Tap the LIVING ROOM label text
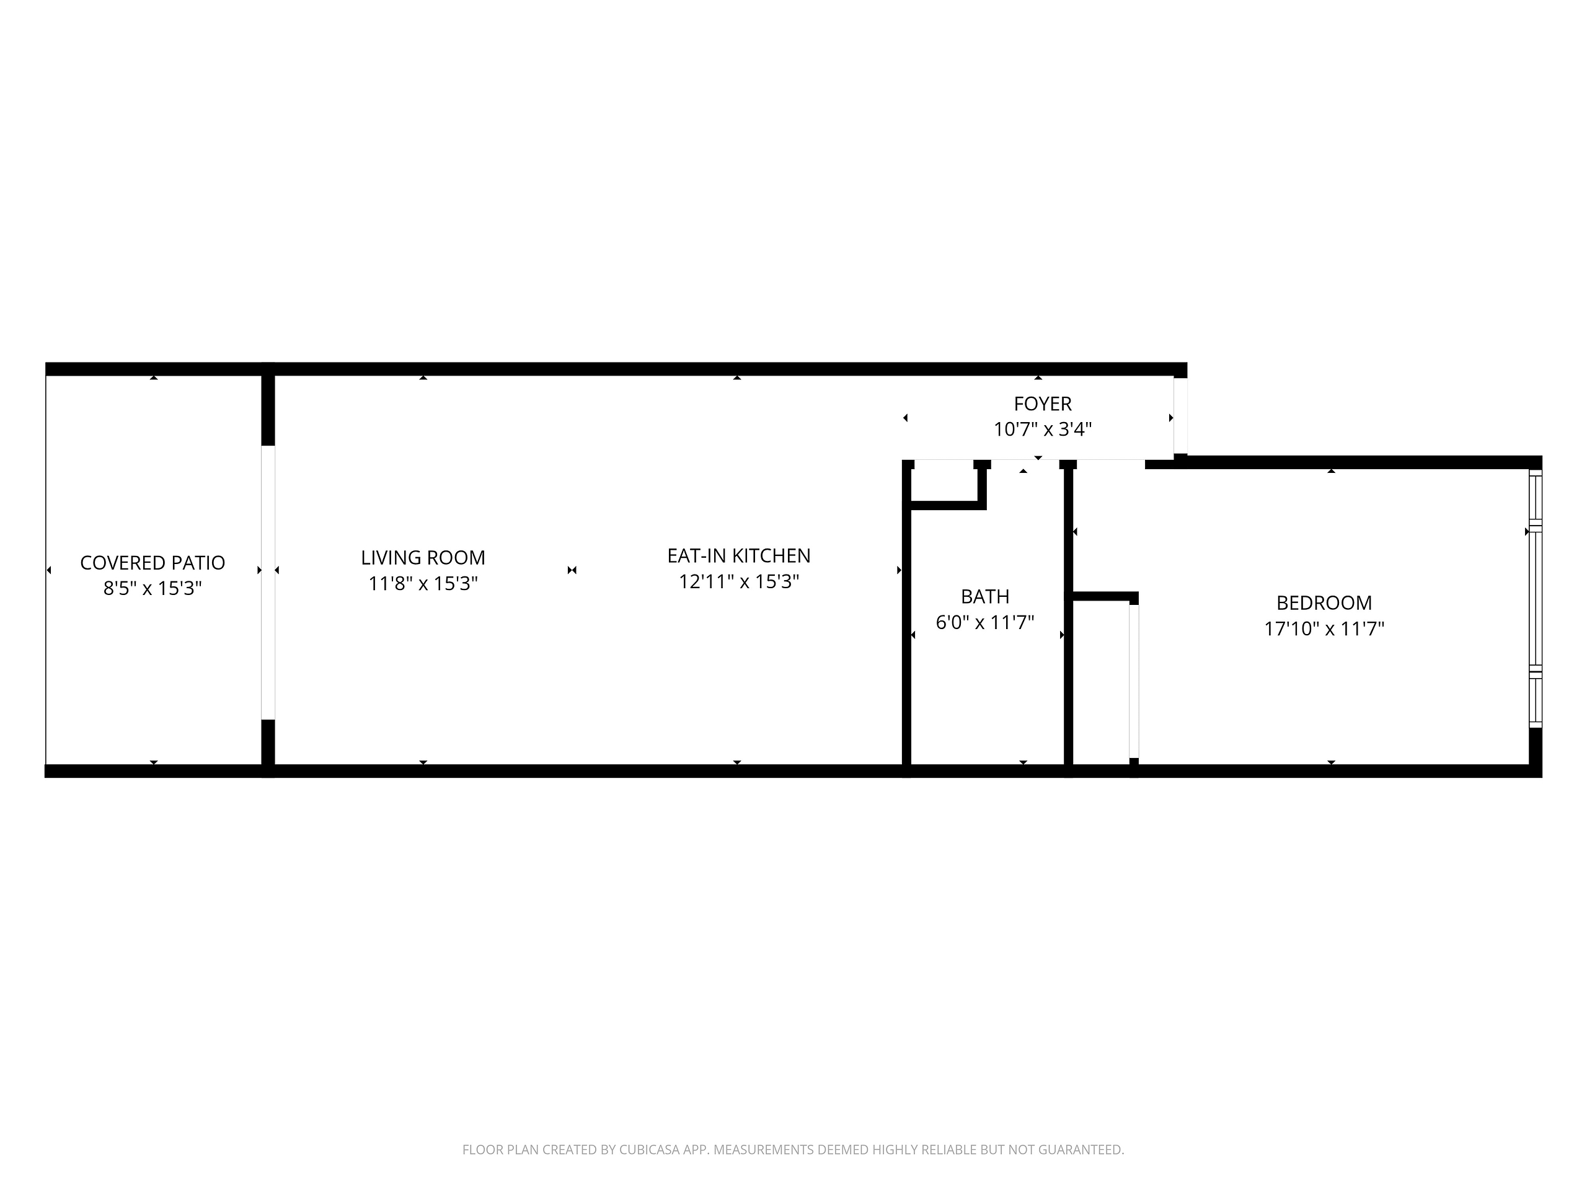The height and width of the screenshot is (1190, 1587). pyautogui.click(x=423, y=558)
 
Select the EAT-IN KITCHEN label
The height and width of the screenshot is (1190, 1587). pyautogui.click(x=738, y=556)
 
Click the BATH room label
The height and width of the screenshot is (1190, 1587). pyautogui.click(x=984, y=597)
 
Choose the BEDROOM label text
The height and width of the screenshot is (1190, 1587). pyautogui.click(x=1323, y=603)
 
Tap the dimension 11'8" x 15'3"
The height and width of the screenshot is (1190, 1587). pyautogui.click(x=423, y=584)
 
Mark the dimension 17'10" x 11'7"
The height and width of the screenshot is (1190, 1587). pyautogui.click(x=1323, y=629)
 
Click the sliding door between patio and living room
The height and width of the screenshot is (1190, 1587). pyautogui.click(x=268, y=583)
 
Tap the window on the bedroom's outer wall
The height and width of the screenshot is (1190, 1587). pyautogui.click(x=1535, y=599)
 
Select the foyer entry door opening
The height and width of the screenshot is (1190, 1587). pyautogui.click(x=1180, y=416)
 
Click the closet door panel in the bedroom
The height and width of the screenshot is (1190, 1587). pyautogui.click(x=1134, y=681)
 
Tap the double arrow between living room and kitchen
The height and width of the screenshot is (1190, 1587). pyautogui.click(x=572, y=570)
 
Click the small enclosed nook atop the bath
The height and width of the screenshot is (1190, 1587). pyautogui.click(x=945, y=485)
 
